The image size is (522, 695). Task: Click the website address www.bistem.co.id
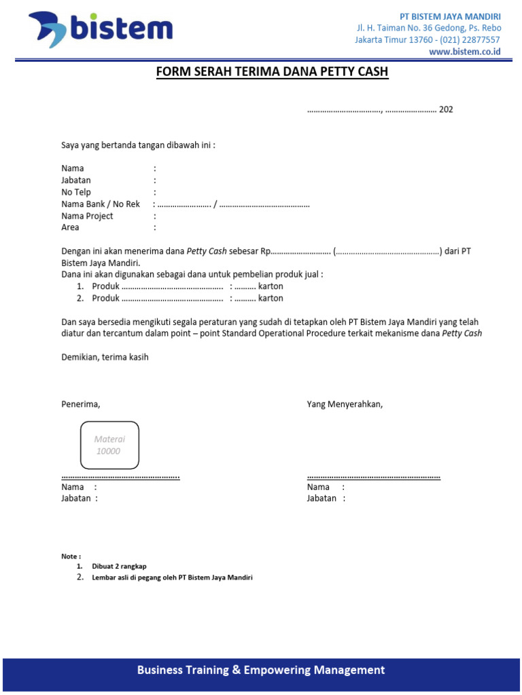click(x=464, y=52)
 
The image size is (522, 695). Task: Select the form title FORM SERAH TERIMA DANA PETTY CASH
click(x=272, y=72)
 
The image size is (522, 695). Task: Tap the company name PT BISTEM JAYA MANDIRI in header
click(x=449, y=16)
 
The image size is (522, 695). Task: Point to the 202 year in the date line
click(x=446, y=109)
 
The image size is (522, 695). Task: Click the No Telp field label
click(x=76, y=192)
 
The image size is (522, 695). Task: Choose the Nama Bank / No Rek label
click(x=101, y=204)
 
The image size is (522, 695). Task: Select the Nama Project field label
click(x=87, y=216)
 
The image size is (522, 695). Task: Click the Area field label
click(x=71, y=227)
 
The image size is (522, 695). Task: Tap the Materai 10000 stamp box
click(x=109, y=445)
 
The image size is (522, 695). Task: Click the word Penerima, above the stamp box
click(x=81, y=405)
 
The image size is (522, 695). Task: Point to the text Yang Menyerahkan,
click(x=345, y=405)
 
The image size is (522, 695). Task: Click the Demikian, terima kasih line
click(x=105, y=357)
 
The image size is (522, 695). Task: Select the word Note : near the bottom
click(x=71, y=556)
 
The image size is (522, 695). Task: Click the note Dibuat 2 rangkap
click(x=119, y=566)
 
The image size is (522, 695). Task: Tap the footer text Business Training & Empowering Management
click(x=261, y=670)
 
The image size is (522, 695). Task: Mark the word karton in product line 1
click(x=271, y=286)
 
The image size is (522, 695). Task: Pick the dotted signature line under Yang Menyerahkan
click(x=373, y=477)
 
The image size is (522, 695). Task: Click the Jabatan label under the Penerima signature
click(x=76, y=498)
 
